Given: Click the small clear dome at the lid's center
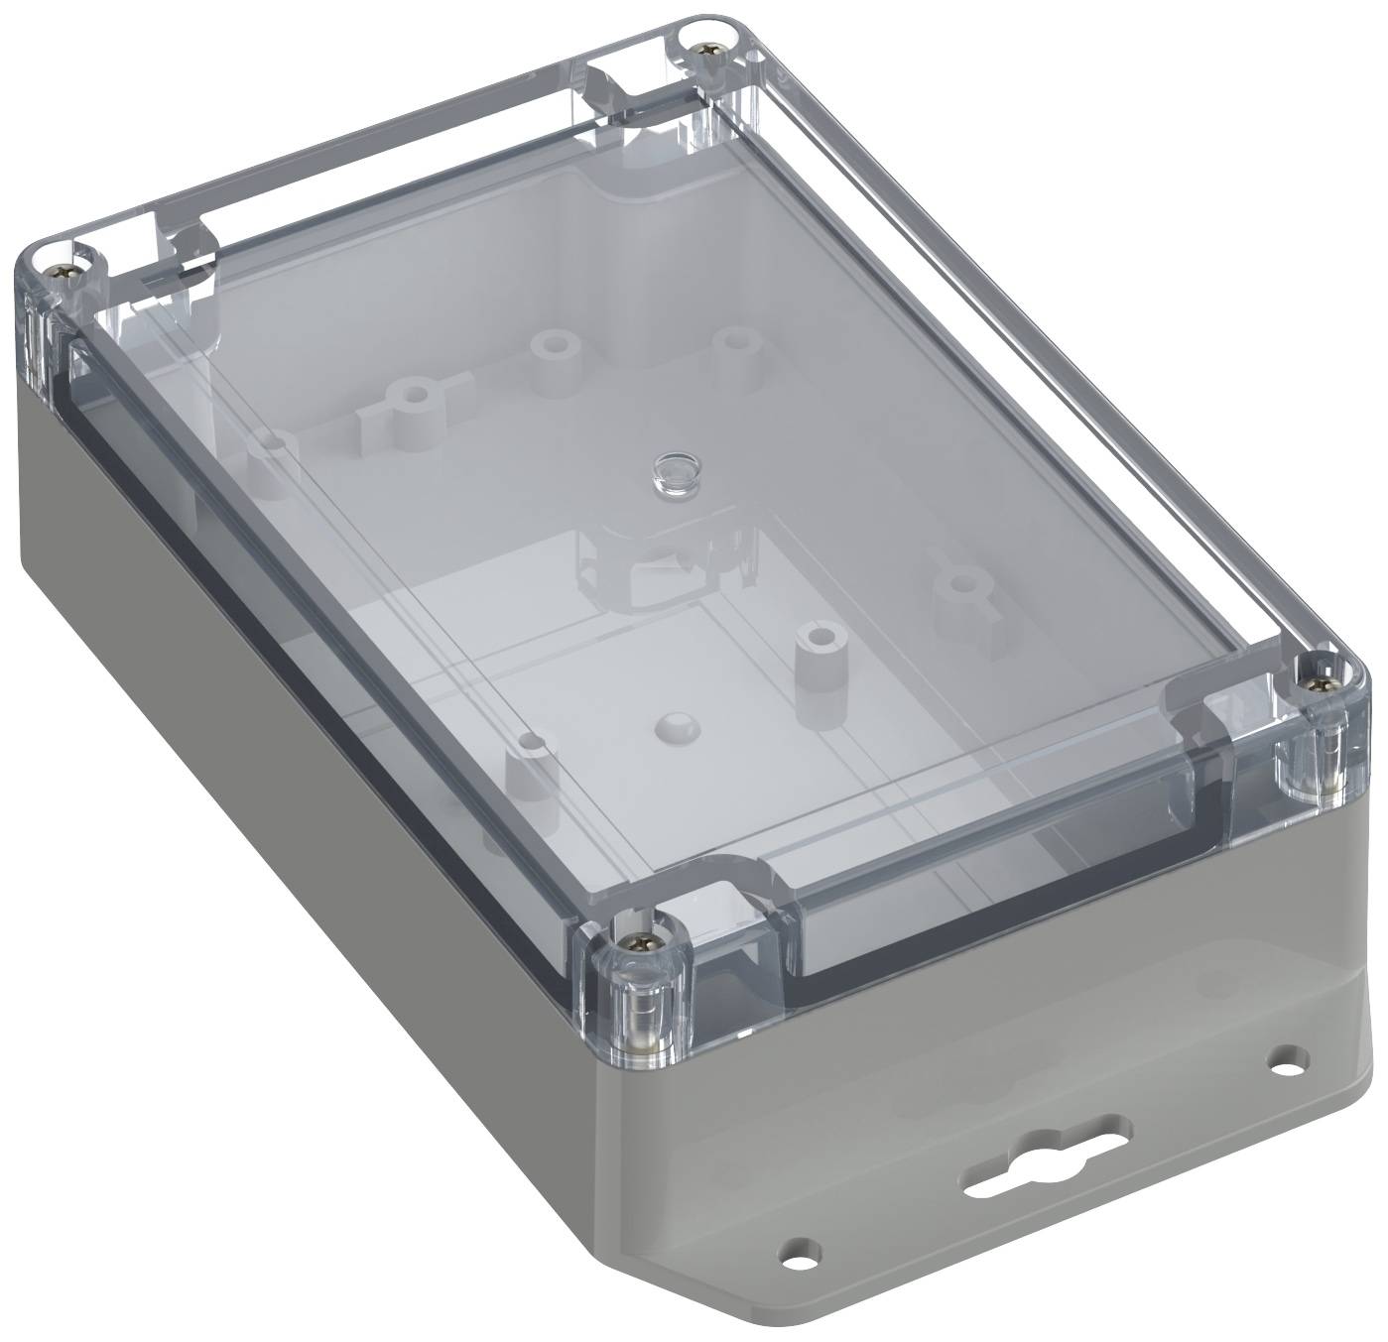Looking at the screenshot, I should click(x=672, y=470).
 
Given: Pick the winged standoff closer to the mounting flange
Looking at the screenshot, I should click(x=955, y=585).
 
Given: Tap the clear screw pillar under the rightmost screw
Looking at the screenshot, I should click(x=1310, y=763).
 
